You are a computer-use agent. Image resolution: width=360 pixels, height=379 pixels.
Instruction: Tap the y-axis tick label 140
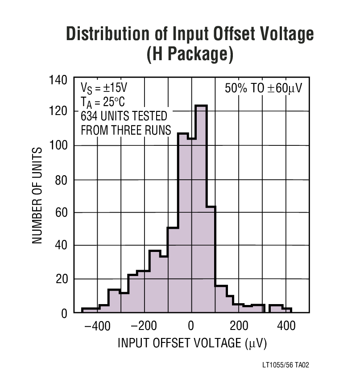click(58, 80)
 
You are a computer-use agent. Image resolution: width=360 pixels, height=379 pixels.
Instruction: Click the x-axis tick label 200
click(239, 325)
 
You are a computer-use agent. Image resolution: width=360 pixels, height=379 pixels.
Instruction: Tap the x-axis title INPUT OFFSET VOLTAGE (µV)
click(191, 343)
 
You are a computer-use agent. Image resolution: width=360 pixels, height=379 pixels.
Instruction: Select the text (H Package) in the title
click(190, 55)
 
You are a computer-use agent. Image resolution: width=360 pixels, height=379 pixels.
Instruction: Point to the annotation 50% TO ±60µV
click(263, 88)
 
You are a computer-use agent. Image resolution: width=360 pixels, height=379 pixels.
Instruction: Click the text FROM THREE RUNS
click(125, 131)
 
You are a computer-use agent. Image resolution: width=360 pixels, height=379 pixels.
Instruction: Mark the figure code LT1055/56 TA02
click(286, 365)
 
